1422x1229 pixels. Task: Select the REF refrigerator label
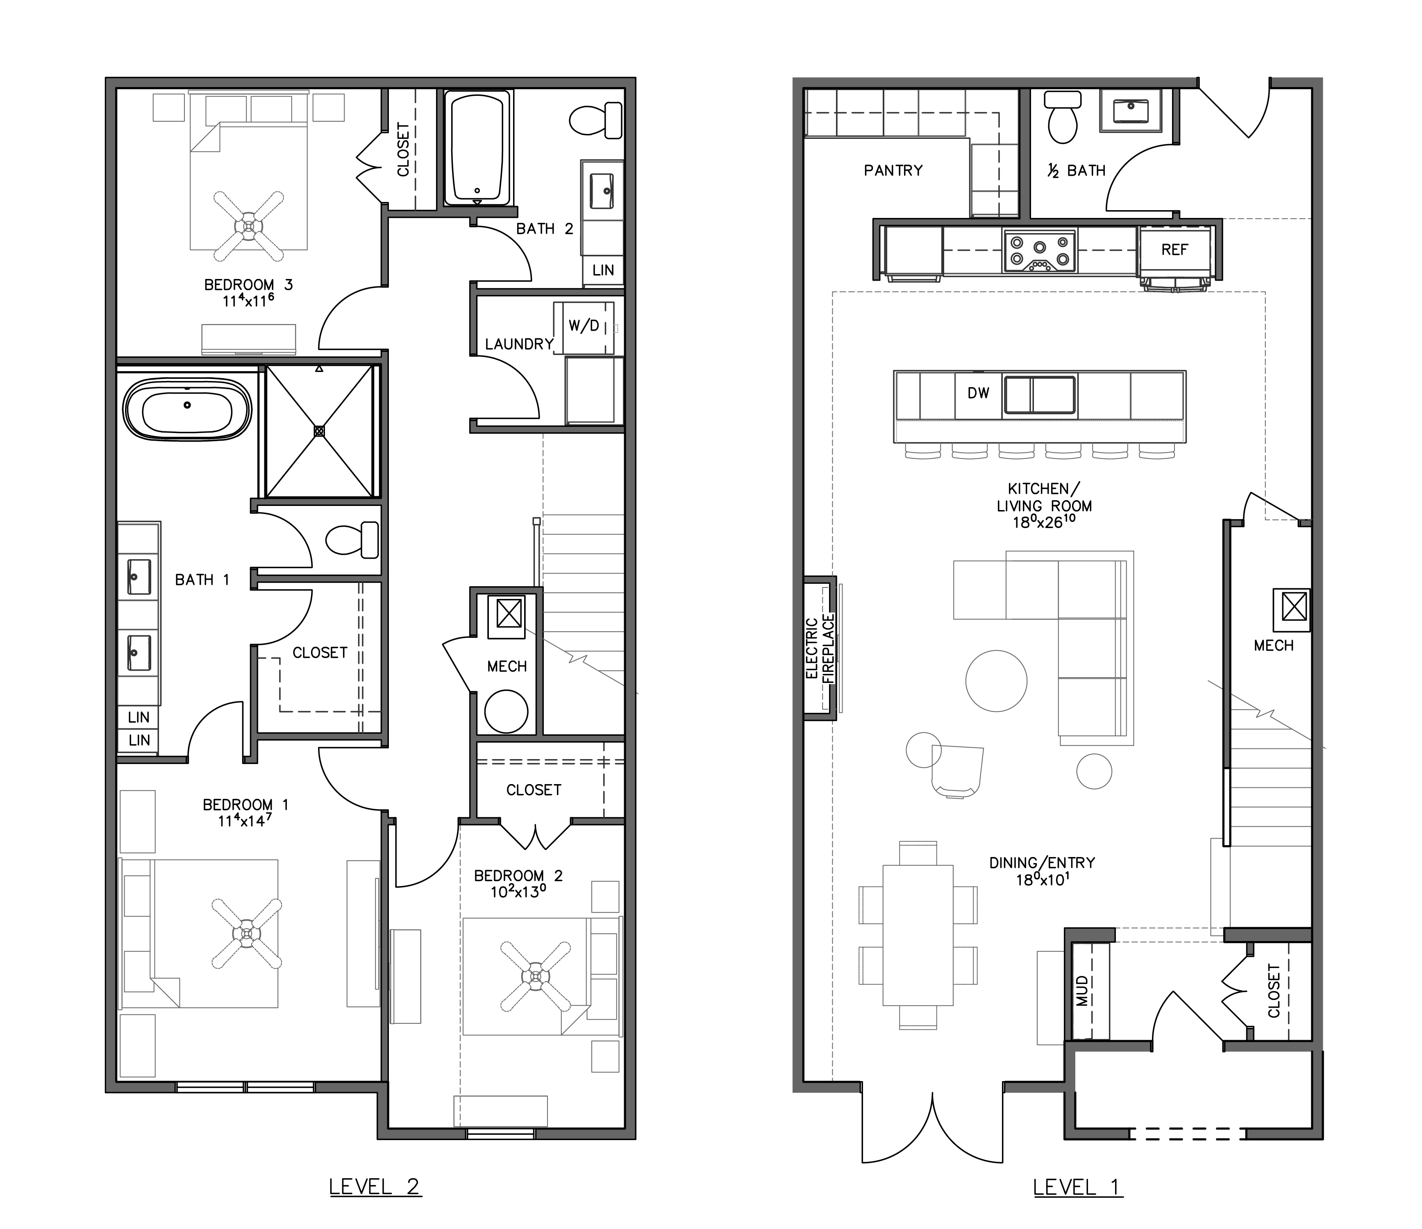point(1174,250)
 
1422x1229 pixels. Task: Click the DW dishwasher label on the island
point(978,393)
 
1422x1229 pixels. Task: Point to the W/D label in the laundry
point(584,326)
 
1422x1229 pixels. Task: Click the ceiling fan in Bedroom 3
point(248,225)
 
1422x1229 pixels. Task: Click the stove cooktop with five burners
point(1040,251)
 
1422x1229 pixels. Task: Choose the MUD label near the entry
point(1083,990)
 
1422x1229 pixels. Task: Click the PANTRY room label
point(893,170)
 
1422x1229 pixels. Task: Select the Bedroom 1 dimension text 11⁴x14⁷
point(245,820)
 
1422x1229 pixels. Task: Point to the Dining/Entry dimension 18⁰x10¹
point(1042,879)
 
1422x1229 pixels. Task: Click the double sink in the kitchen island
point(1040,395)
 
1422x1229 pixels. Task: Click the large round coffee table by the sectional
point(996,681)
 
